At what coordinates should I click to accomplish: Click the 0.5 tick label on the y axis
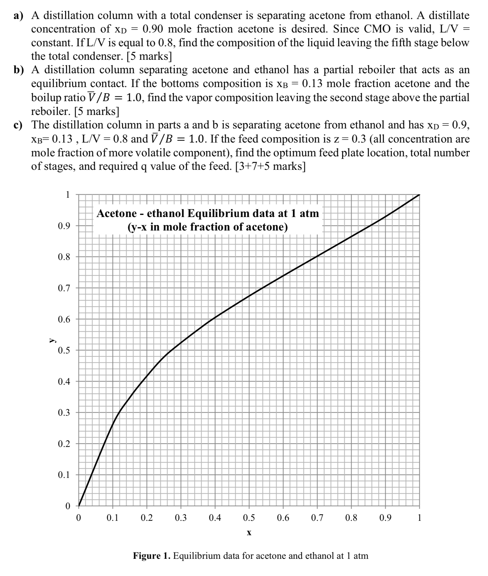point(64,350)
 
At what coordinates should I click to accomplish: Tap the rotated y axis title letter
point(52,340)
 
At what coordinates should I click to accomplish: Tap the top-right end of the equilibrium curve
point(419,195)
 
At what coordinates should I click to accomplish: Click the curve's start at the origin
point(79,505)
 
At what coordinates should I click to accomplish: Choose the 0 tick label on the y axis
point(68,506)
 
